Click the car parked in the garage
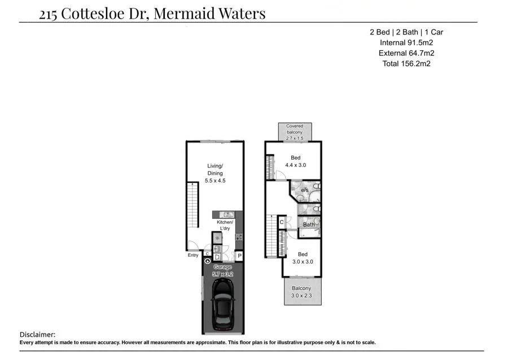(x=223, y=305)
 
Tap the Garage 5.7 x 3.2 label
(x=222, y=270)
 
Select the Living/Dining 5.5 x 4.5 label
(x=215, y=173)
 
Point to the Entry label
(x=193, y=256)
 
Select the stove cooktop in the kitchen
(x=239, y=237)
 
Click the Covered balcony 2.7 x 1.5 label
(x=295, y=132)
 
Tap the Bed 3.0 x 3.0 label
(x=303, y=258)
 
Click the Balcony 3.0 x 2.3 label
(x=301, y=292)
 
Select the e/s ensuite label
(x=304, y=191)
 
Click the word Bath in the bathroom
(x=309, y=225)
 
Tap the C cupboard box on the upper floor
(x=282, y=222)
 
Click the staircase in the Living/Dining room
(x=193, y=205)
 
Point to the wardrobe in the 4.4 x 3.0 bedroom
(x=270, y=166)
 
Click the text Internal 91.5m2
(x=406, y=42)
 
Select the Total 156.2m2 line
(x=406, y=63)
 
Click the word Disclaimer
(x=37, y=335)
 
